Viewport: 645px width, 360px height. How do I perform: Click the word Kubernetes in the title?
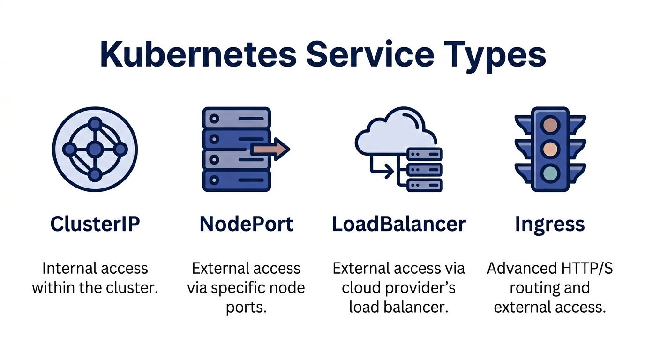coord(198,54)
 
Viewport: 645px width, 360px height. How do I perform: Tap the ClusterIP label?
coord(95,224)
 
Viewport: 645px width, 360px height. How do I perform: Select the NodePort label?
coord(247,224)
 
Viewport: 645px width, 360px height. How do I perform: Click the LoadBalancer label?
coord(399,224)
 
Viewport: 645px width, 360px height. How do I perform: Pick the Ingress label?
coord(550,225)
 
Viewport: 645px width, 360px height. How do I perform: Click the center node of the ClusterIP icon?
coord(95,150)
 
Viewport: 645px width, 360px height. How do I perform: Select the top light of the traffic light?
coord(550,125)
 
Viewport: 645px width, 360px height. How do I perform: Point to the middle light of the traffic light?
coord(550,150)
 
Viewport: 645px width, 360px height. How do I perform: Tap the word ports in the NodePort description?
coord(247,308)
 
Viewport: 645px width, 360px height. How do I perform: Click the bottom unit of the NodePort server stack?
coord(236,180)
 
